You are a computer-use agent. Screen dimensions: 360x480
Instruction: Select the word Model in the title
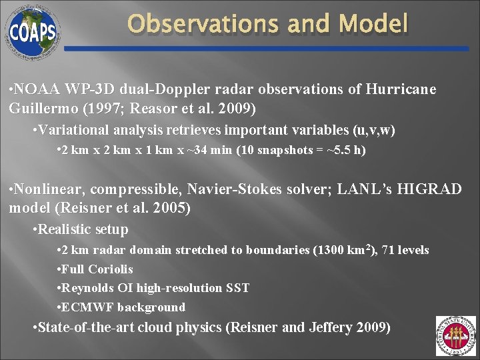point(373,25)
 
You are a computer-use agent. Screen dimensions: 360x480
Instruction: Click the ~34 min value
point(207,150)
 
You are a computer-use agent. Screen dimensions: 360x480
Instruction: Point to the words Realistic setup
point(83,230)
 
